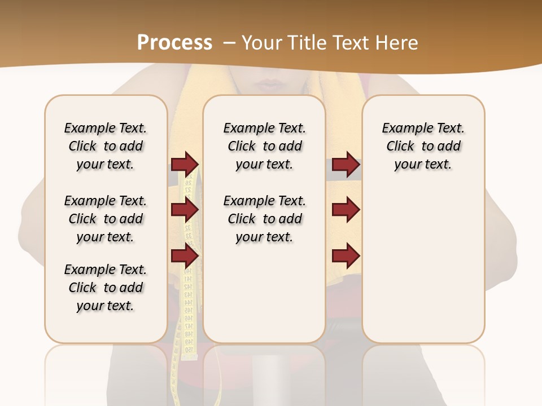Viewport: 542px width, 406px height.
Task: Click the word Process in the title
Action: coord(174,43)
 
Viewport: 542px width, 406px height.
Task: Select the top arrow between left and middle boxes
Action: coord(185,164)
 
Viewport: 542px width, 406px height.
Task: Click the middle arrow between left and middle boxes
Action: coord(185,210)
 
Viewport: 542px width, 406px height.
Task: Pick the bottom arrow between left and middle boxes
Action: coord(185,257)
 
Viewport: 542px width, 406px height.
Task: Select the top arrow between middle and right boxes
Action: coord(346,164)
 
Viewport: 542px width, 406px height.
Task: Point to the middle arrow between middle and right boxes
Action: coord(346,210)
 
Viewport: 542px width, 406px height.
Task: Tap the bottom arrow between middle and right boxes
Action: coord(346,257)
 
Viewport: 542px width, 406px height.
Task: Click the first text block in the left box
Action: coord(106,146)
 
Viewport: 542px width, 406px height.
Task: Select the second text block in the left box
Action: coord(106,219)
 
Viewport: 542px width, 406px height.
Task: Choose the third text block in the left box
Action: coord(106,288)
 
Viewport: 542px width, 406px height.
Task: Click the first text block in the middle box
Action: coord(264,146)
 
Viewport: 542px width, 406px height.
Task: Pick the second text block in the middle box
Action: coord(264,219)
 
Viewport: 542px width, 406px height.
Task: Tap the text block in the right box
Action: coord(423,146)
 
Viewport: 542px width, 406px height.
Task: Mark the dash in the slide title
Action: coord(229,43)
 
